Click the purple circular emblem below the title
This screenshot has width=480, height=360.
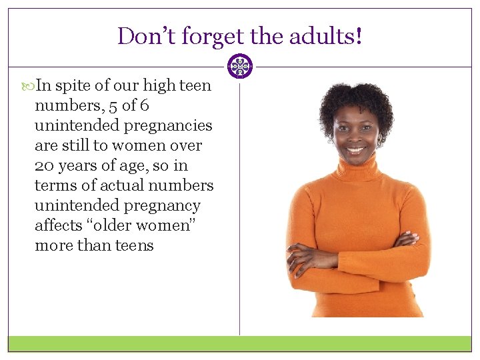tap(240, 66)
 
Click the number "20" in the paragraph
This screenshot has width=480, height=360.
tap(45, 165)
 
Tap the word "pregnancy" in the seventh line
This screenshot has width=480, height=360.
tap(165, 206)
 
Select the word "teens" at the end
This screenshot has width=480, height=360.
tap(135, 245)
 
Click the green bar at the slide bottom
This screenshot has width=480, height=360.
tap(240, 343)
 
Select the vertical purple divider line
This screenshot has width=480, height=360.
tap(240, 200)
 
